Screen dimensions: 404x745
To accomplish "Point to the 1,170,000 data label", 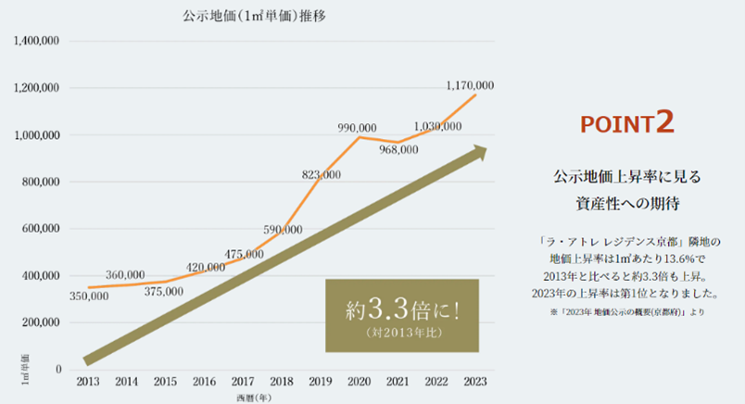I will coord(470,85).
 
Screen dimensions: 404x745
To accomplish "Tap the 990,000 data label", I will coord(357,127).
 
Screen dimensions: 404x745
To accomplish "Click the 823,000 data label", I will coord(321,174).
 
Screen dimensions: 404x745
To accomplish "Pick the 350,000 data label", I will coord(89,296).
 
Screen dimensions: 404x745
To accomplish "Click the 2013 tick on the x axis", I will coord(89,382).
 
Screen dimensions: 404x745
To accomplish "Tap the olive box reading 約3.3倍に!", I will coord(401,314).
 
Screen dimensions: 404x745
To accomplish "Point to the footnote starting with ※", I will coord(626,312).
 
